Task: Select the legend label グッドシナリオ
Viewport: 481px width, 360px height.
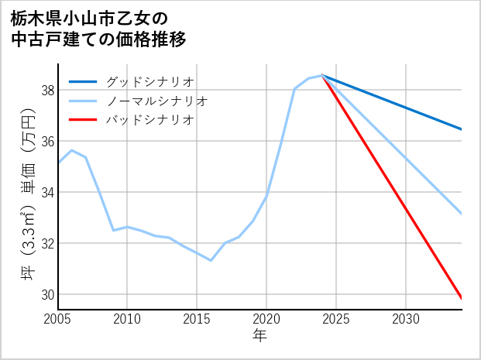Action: (x=150, y=81)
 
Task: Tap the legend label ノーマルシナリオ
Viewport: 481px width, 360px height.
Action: (x=157, y=101)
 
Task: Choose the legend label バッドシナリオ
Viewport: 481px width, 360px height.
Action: (x=150, y=120)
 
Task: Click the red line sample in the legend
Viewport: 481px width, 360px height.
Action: (x=84, y=120)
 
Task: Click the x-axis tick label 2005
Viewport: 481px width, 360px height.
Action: (x=58, y=319)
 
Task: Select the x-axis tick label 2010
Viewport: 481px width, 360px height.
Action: (x=127, y=319)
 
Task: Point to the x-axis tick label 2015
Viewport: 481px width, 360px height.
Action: (x=197, y=319)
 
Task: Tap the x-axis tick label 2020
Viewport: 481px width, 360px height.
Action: (x=266, y=319)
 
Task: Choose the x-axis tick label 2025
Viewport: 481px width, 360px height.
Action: (x=336, y=319)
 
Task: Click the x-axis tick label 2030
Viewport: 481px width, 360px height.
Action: (x=406, y=319)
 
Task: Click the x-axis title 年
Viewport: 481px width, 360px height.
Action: (x=259, y=336)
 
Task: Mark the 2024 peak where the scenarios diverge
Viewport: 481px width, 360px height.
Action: (x=322, y=76)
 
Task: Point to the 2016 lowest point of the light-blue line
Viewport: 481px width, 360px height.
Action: (x=211, y=260)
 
